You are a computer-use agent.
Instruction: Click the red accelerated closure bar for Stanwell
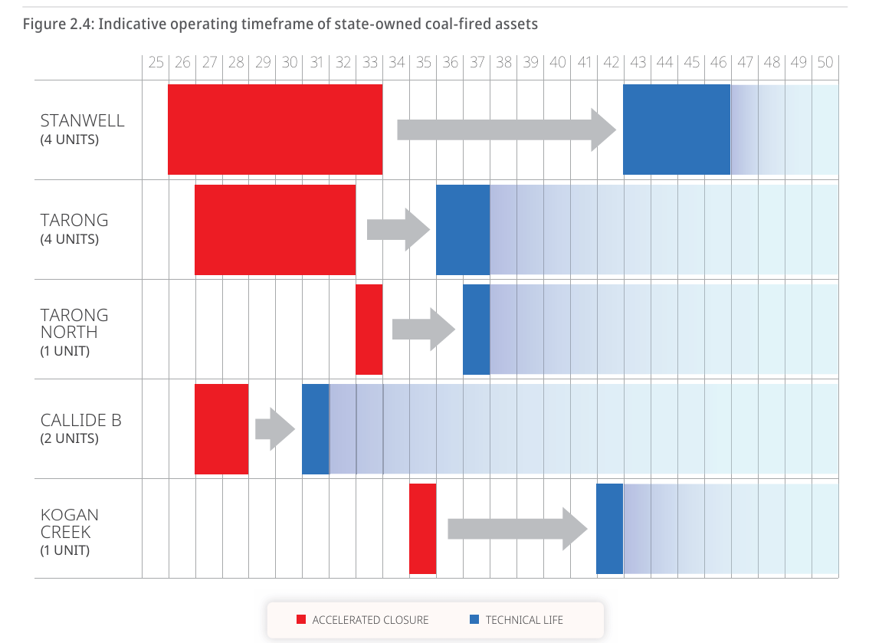pos(275,130)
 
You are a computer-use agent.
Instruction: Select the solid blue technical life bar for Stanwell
pos(676,130)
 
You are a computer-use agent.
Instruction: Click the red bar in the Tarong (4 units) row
pos(275,229)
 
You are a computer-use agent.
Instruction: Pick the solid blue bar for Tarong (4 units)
pos(463,229)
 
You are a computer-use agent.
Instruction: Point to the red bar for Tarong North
pos(369,329)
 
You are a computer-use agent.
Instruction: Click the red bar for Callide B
pos(221,428)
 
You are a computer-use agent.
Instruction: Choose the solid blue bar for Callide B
pos(315,428)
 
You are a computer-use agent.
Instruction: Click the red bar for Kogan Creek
pos(422,528)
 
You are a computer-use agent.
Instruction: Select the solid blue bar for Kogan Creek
pos(609,528)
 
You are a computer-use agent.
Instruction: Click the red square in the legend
pos(301,619)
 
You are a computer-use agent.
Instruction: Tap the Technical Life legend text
pos(524,619)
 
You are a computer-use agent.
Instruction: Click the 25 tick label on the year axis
pos(156,63)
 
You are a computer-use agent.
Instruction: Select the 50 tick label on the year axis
pos(825,63)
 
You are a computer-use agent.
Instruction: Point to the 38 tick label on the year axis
pos(503,63)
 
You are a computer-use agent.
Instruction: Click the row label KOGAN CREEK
pos(70,523)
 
